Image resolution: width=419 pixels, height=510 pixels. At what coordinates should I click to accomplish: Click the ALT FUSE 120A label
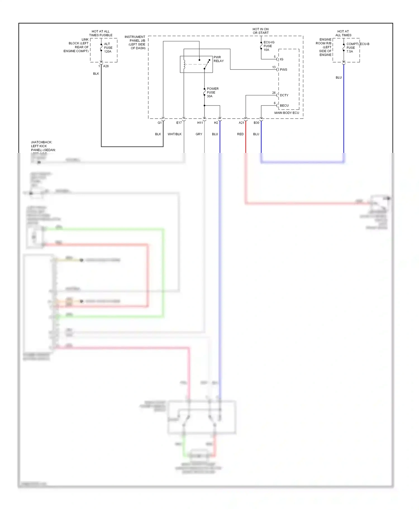point(108,48)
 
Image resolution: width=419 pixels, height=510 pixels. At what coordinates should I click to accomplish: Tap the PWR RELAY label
point(218,59)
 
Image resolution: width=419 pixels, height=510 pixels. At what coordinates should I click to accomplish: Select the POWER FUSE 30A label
point(212,92)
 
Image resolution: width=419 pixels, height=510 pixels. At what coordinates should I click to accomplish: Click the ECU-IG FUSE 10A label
point(268,46)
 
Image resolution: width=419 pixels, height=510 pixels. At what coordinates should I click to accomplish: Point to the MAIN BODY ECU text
point(287,113)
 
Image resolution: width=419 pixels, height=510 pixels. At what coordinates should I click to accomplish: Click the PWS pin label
point(284,70)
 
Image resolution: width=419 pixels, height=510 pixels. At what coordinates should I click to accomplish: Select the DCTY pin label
point(284,95)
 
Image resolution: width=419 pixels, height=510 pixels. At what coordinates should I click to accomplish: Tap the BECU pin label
point(284,106)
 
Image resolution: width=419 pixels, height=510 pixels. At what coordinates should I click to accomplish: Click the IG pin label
point(282,59)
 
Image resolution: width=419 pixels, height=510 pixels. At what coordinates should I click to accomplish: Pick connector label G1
point(159,123)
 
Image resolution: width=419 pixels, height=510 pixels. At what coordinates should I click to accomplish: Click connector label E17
point(179,123)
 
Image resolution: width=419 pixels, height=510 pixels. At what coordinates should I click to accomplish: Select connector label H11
point(200,123)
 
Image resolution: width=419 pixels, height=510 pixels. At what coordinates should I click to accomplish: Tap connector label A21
point(241,123)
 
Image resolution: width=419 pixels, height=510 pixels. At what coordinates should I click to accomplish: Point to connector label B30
point(256,123)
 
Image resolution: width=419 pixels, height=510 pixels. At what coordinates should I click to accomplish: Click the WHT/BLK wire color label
point(175,134)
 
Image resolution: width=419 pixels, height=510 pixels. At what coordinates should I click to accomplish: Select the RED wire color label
point(240,134)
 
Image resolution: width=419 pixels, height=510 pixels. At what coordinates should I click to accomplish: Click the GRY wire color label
point(199,134)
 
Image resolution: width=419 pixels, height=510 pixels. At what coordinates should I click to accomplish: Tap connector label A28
point(106,66)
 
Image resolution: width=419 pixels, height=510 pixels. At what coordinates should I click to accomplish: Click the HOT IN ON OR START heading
point(261,31)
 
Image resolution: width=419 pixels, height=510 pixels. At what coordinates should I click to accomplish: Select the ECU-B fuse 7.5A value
point(350,52)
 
